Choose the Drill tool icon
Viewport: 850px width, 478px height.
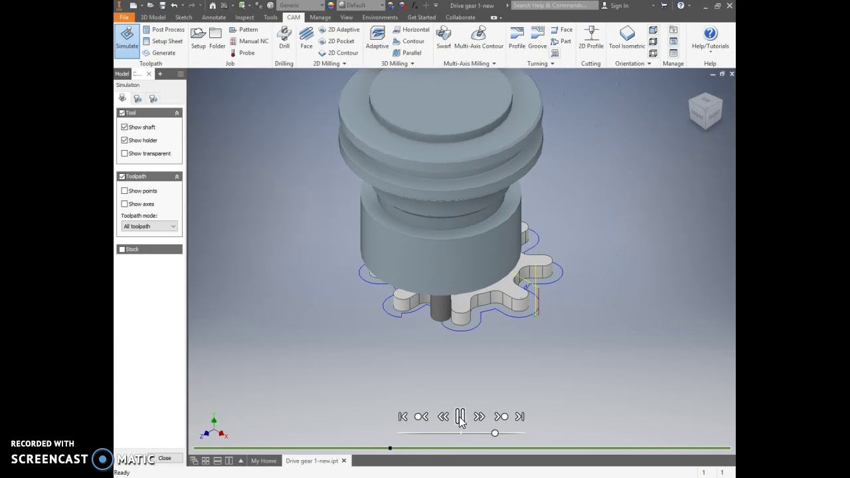pos(284,38)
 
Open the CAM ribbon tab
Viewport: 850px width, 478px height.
pos(294,17)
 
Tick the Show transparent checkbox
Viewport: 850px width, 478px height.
pos(125,153)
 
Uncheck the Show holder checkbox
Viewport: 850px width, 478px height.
pos(125,140)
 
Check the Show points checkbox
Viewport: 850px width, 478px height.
pos(125,191)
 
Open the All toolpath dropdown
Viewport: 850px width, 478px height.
pos(149,226)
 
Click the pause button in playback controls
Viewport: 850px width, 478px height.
pos(460,416)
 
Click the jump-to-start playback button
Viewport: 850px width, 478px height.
pos(403,417)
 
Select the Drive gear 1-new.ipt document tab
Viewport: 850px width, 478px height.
pos(311,461)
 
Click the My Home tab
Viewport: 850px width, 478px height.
pos(264,461)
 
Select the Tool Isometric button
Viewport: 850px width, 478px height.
pos(627,38)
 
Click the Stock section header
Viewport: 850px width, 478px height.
pos(149,250)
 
